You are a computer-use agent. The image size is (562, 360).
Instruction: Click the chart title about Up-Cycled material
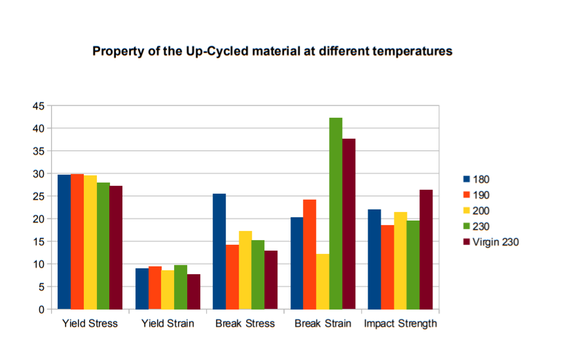pyautogui.click(x=272, y=51)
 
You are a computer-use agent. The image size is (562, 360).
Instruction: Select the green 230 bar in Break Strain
pyautogui.click(x=336, y=213)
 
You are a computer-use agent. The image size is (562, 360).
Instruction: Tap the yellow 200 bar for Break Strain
pyautogui.click(x=323, y=281)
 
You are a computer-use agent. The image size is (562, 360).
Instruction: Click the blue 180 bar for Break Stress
pyautogui.click(x=219, y=251)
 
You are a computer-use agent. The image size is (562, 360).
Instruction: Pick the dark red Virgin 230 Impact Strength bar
pyautogui.click(x=426, y=249)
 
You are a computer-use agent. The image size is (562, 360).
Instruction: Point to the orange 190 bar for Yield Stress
pyautogui.click(x=77, y=242)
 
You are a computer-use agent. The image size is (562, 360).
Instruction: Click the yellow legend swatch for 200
pyautogui.click(x=466, y=211)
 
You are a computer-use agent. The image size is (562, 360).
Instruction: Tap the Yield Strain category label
pyautogui.click(x=167, y=324)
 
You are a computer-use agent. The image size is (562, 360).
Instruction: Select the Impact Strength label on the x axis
pyautogui.click(x=400, y=324)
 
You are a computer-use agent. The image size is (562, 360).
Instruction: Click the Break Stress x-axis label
pyautogui.click(x=245, y=324)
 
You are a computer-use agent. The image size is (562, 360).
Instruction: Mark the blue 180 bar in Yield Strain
pyautogui.click(x=142, y=289)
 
